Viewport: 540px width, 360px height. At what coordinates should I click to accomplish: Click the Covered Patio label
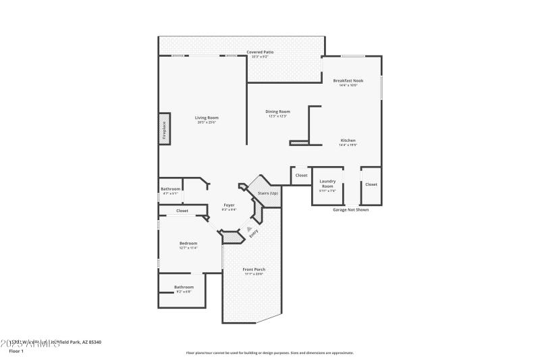[259, 52]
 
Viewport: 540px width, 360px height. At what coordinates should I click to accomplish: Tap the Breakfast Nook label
[348, 80]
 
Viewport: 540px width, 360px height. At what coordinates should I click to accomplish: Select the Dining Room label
[277, 111]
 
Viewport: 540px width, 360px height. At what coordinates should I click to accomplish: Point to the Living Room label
[207, 118]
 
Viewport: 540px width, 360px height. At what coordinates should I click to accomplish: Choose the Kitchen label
[348, 140]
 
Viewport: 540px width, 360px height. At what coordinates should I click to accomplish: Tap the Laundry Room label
[327, 183]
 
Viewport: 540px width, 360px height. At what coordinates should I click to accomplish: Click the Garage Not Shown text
[350, 209]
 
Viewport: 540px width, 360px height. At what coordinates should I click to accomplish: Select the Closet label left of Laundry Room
[301, 176]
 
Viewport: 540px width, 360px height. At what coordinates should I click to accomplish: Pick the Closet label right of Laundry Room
[371, 184]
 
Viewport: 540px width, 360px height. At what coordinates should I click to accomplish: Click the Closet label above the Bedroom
[182, 211]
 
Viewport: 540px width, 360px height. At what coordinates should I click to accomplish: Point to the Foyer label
[230, 205]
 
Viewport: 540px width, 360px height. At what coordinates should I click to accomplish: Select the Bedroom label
[188, 243]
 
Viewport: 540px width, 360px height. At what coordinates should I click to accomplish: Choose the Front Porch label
[254, 269]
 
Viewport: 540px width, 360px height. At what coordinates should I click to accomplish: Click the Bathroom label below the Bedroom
[184, 287]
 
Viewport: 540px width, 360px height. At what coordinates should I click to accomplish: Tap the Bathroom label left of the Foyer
[170, 188]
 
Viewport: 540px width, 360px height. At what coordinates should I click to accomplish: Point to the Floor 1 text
[16, 352]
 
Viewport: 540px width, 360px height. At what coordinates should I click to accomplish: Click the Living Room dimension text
[207, 122]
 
